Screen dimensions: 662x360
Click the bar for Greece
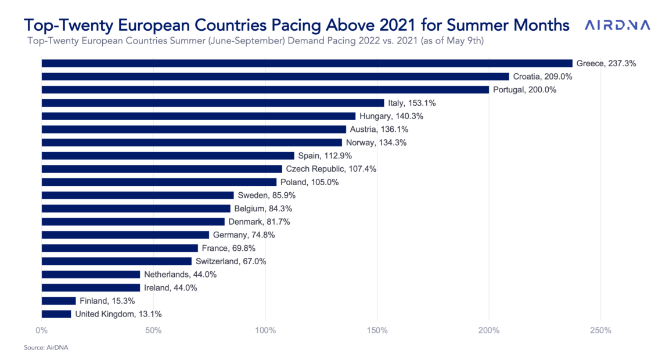tap(307, 63)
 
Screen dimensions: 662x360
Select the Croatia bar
tap(275, 77)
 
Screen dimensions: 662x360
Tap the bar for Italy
tap(213, 103)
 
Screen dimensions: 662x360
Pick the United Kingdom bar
tap(56, 314)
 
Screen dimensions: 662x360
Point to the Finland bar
tap(59, 301)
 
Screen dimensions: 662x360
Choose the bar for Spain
tap(168, 156)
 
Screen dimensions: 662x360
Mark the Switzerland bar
tap(117, 261)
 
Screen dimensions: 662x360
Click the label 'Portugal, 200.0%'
tap(524, 90)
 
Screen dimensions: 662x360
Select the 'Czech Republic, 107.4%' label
tap(331, 169)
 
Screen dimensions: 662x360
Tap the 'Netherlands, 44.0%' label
tap(180, 274)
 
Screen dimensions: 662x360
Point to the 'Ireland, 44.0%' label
tap(171, 288)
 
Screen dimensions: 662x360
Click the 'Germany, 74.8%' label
tap(244, 235)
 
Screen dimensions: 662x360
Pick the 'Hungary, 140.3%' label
tap(391, 116)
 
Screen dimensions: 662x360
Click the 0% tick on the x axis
tap(41, 330)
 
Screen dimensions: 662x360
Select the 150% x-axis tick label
tap(377, 330)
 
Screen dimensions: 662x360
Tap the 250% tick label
tap(601, 330)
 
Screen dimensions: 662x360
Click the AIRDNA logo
tap(617, 25)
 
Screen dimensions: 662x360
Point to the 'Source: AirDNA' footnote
tap(46, 348)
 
